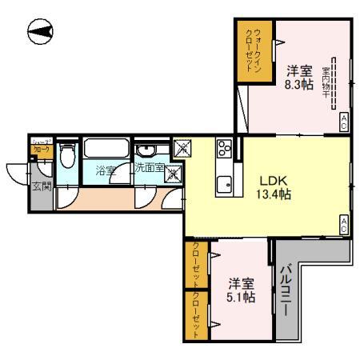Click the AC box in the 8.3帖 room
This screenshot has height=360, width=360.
pos(344,122)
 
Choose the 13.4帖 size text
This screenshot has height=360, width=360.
pos(273,194)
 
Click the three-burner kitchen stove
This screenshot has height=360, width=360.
pos(223,148)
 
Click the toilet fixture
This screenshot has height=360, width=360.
pos(68,155)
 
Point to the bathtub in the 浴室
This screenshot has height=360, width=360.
pos(105,149)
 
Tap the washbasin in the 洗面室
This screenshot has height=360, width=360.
pos(147,151)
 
